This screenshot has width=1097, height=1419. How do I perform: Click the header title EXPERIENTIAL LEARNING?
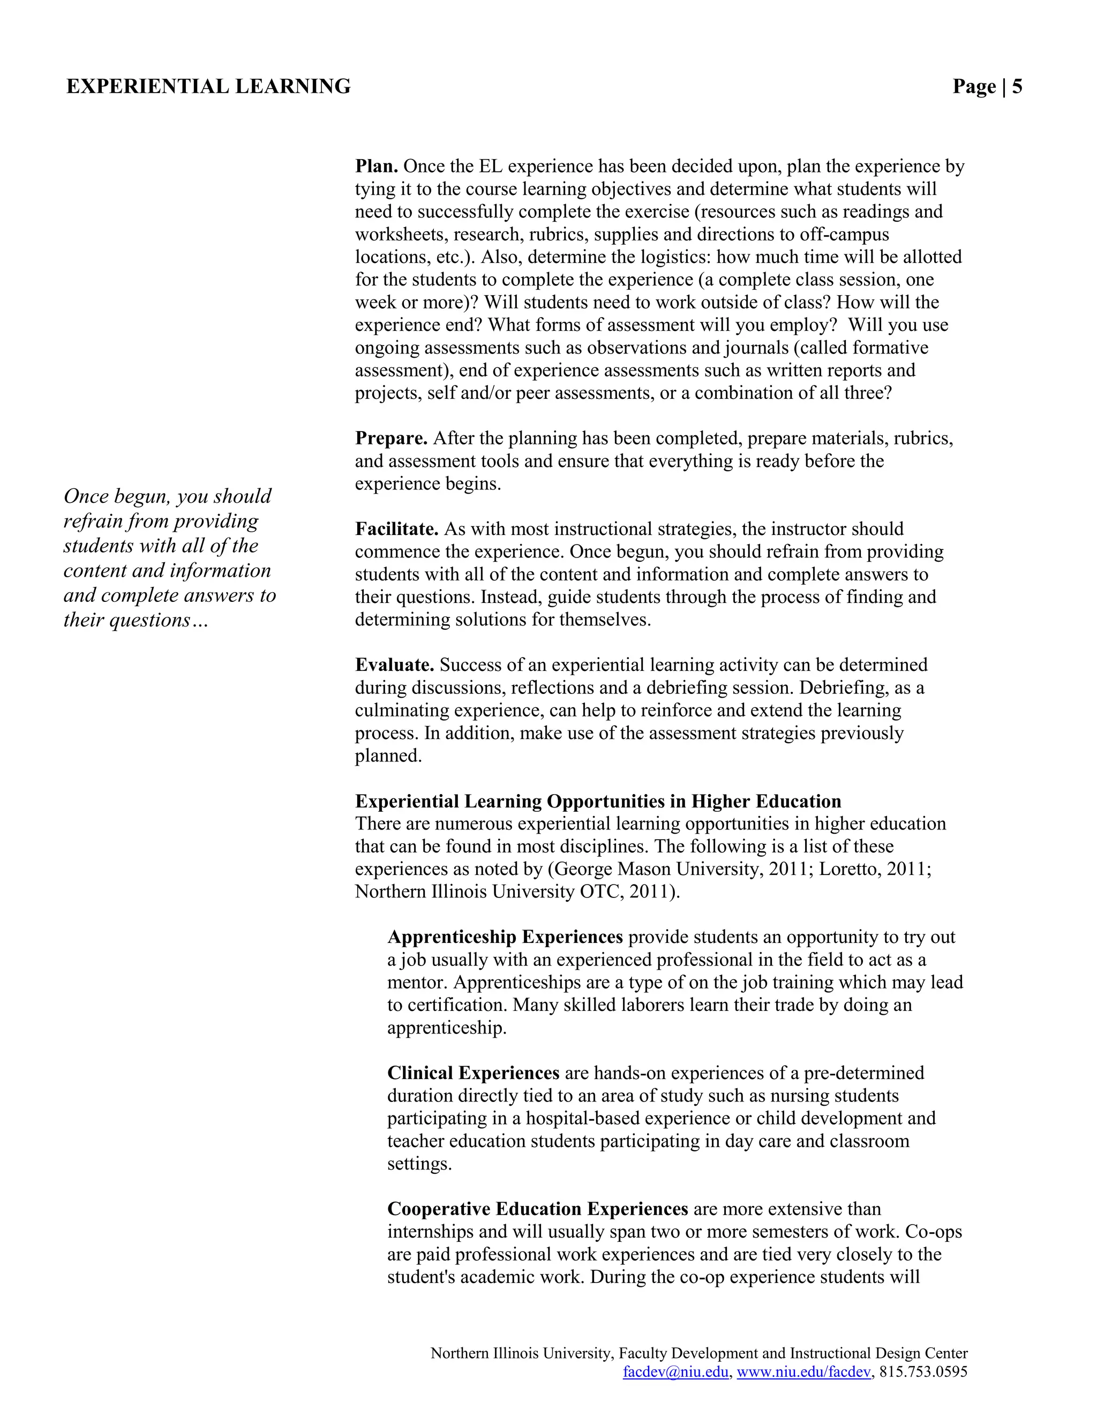[208, 86]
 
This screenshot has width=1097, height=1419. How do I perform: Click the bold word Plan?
[376, 167]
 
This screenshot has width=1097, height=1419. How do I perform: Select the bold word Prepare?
[391, 439]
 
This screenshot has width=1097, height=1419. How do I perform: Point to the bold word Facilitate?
[396, 529]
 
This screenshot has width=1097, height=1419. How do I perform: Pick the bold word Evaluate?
[394, 665]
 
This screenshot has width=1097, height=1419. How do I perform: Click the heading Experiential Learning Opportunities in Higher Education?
[598, 801]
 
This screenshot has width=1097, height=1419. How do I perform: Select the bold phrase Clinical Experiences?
[473, 1073]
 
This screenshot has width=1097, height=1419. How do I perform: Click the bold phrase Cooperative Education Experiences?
[537, 1209]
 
